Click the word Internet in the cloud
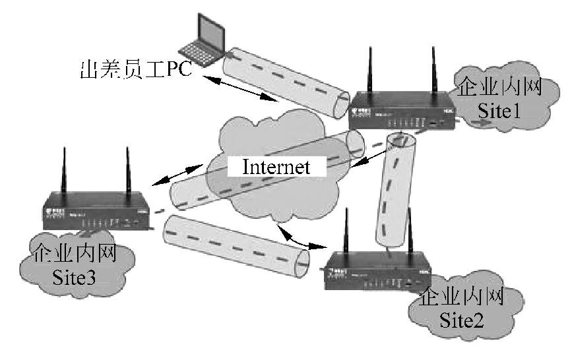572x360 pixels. click(x=276, y=167)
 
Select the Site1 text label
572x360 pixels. click(x=500, y=110)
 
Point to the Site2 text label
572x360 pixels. click(x=462, y=321)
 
